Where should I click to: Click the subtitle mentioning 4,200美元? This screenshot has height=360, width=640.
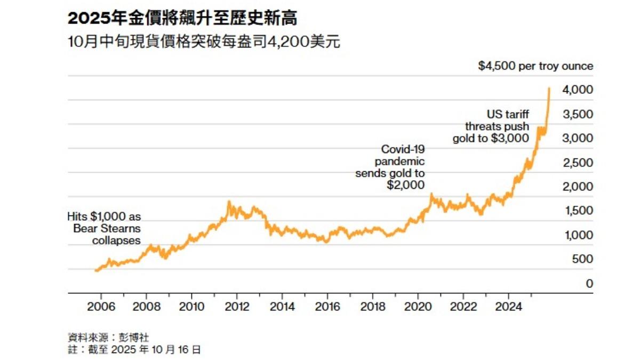pos(204,42)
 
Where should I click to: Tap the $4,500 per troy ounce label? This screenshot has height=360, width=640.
pos(535,67)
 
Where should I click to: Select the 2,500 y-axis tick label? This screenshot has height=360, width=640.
pos(578,162)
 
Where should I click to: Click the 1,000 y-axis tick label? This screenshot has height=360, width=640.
pos(578,235)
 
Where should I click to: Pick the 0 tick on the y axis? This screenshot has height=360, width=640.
pos(589,284)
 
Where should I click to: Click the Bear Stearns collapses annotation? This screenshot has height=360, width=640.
pos(104,229)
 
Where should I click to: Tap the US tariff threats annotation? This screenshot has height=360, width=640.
pos(491,126)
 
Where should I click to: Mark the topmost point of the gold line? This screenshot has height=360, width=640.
pos(549,88)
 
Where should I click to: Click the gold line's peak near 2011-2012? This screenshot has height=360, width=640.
pos(229,202)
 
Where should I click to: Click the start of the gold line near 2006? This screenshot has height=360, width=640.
pos(96,270)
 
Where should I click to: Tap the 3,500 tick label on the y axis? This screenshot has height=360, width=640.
pos(578,114)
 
